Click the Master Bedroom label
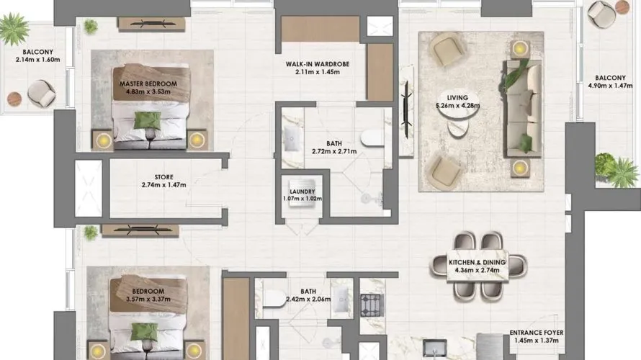[x=148, y=84]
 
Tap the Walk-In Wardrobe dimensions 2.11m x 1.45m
[x=317, y=72]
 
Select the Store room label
[x=164, y=177]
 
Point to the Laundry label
[x=302, y=192]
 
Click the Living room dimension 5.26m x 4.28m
[x=457, y=105]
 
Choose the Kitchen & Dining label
[x=477, y=262]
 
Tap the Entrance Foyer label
[x=537, y=333]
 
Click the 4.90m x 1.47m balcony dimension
[x=610, y=86]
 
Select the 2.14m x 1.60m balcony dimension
[x=37, y=60]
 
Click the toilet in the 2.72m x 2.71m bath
[x=372, y=138]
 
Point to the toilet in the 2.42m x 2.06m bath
[x=274, y=298]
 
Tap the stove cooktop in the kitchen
[x=372, y=305]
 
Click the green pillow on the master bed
[x=148, y=120]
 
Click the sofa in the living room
[x=524, y=109]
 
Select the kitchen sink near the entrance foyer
[x=435, y=348]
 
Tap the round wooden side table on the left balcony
[x=14, y=99]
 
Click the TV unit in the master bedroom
[x=151, y=24]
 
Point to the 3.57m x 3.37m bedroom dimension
[x=148, y=299]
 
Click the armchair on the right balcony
[x=601, y=14]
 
